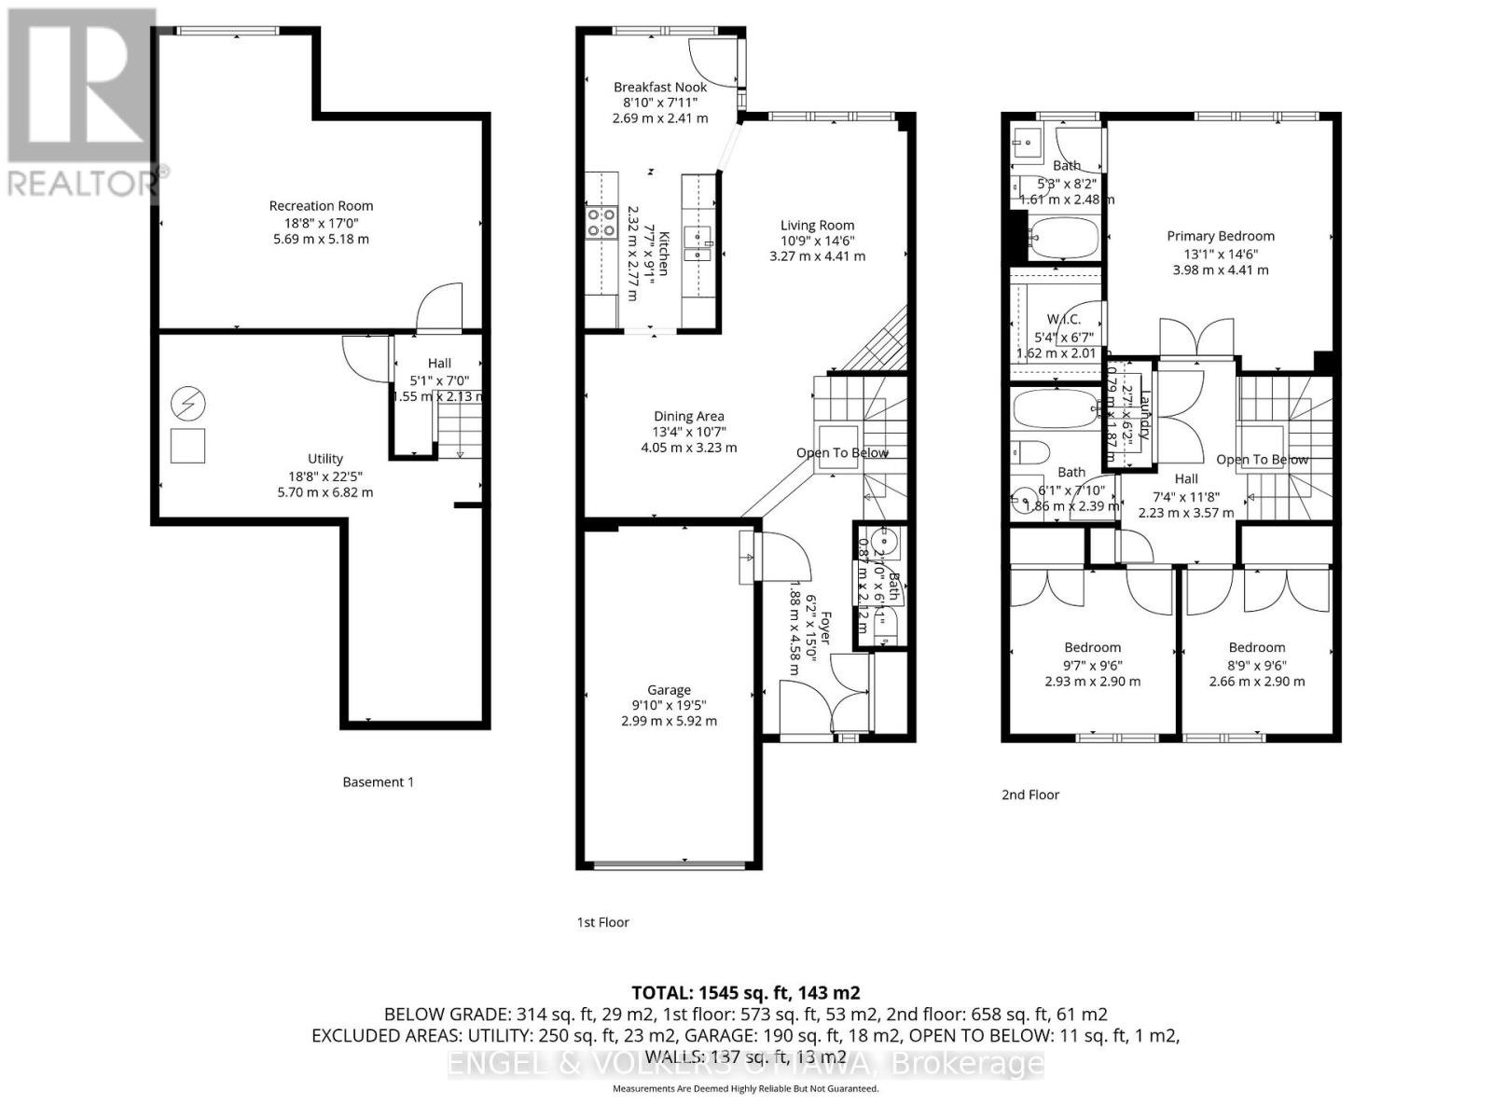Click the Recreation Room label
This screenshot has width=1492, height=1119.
point(321,206)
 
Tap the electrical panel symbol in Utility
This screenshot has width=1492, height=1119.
point(188,405)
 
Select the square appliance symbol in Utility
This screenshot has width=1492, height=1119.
point(188,446)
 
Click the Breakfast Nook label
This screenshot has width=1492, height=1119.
point(660,87)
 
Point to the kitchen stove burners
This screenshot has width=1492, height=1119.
point(601,222)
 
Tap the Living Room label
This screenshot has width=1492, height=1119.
point(817,225)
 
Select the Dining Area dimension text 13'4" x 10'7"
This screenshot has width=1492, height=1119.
point(688,432)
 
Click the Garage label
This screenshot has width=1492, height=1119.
point(669,690)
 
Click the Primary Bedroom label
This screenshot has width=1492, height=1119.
point(1221,236)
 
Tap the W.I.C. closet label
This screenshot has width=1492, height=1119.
point(1062,319)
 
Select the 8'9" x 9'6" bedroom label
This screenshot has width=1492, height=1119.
point(1257,647)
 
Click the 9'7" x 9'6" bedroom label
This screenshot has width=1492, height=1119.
point(1093,647)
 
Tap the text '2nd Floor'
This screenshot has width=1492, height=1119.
point(1030,794)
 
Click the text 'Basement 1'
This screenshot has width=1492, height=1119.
point(378,781)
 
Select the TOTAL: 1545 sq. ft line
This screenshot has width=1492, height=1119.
point(745,992)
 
